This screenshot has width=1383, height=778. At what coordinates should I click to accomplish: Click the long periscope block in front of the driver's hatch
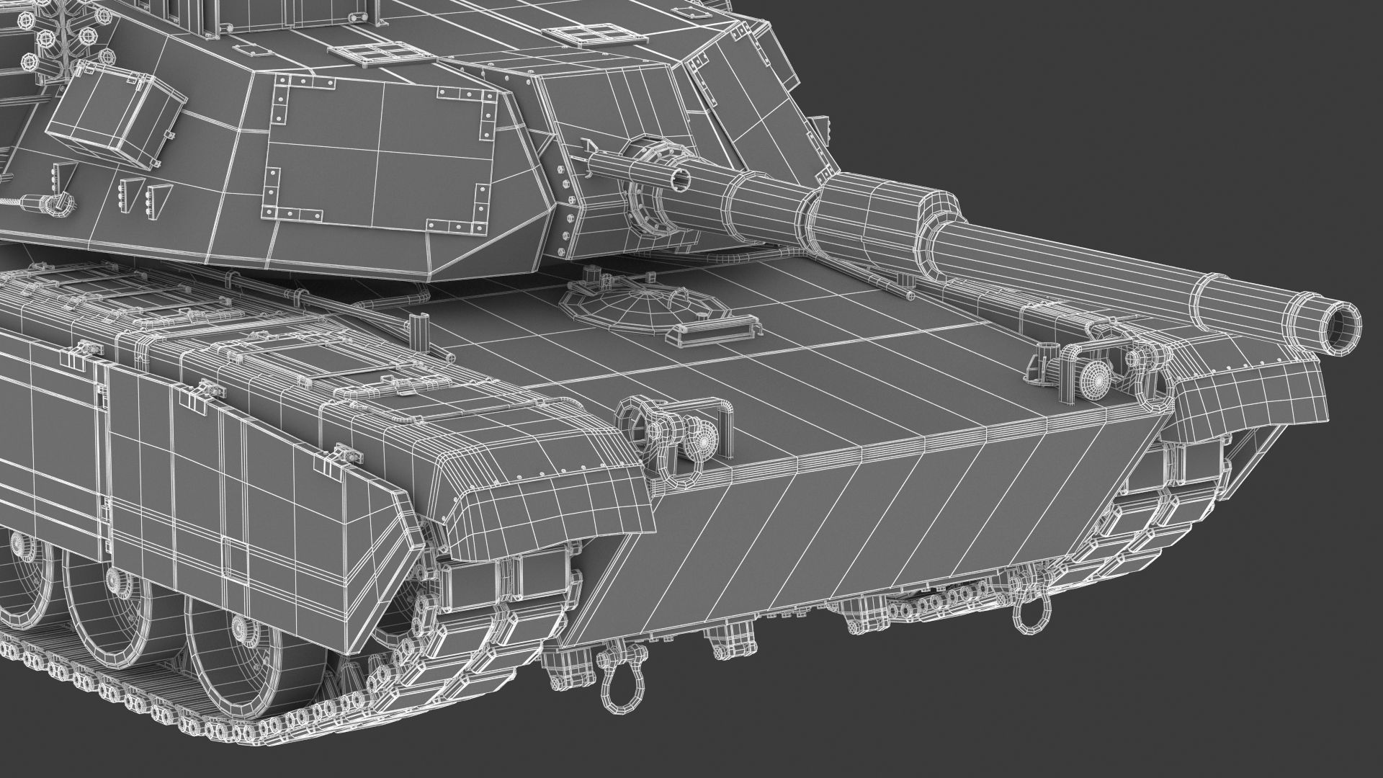(x=715, y=328)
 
